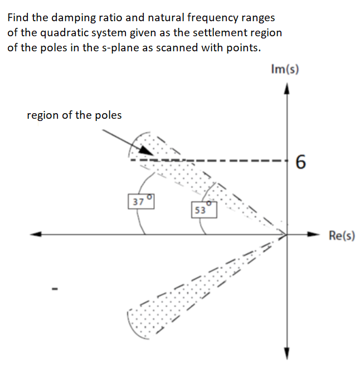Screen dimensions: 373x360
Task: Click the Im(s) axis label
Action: click(284, 69)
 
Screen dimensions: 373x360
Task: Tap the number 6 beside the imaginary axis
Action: click(300, 162)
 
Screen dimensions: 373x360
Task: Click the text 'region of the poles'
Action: click(74, 115)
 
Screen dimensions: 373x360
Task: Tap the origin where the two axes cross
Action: click(288, 234)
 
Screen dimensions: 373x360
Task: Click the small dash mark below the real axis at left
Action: click(54, 289)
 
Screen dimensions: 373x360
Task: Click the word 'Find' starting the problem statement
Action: click(18, 18)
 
